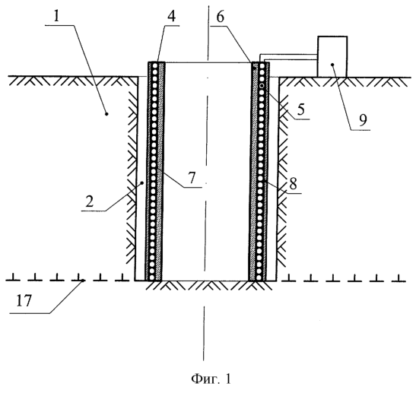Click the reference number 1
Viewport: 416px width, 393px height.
[56, 17]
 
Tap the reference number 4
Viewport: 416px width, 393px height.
[171, 17]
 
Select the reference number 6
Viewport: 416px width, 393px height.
[221, 17]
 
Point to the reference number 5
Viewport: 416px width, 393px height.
[300, 109]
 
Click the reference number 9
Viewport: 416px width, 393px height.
[363, 120]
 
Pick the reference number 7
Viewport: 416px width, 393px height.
[192, 177]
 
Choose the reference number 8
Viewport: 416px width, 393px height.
[293, 183]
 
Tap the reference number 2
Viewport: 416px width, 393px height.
[90, 201]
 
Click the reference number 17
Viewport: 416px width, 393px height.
[24, 301]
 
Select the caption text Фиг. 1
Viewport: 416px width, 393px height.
[211, 379]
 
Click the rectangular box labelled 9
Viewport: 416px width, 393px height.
[332, 56]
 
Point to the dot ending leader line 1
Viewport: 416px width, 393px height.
[106, 114]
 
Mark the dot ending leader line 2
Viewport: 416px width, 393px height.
[142, 182]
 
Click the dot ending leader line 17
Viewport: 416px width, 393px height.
[83, 280]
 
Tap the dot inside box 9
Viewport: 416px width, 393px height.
[332, 65]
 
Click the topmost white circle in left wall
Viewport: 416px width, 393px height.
[154, 65]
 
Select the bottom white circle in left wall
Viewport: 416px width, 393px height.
[152, 277]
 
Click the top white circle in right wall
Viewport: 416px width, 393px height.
[262, 65]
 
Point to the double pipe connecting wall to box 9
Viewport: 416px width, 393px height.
[289, 57]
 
